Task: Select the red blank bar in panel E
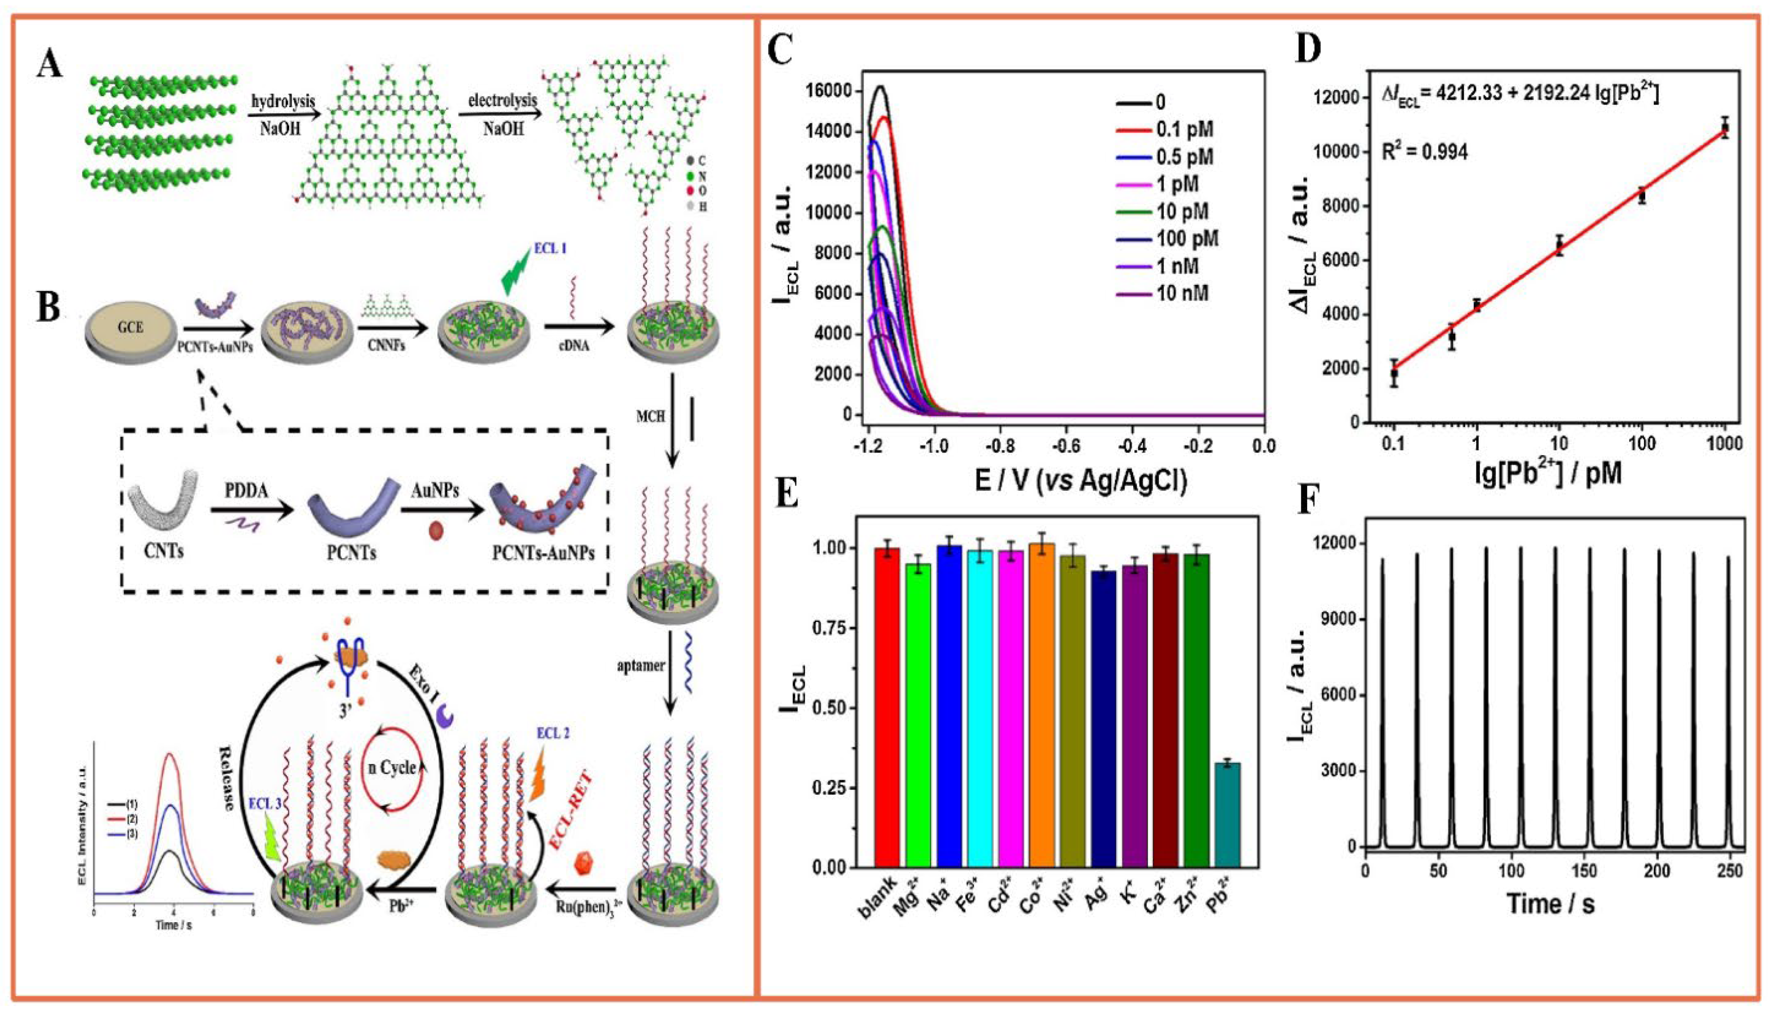(x=887, y=708)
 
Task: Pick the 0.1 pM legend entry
(x=1184, y=129)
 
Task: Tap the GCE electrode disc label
(x=131, y=326)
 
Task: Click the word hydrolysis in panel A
(x=283, y=102)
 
